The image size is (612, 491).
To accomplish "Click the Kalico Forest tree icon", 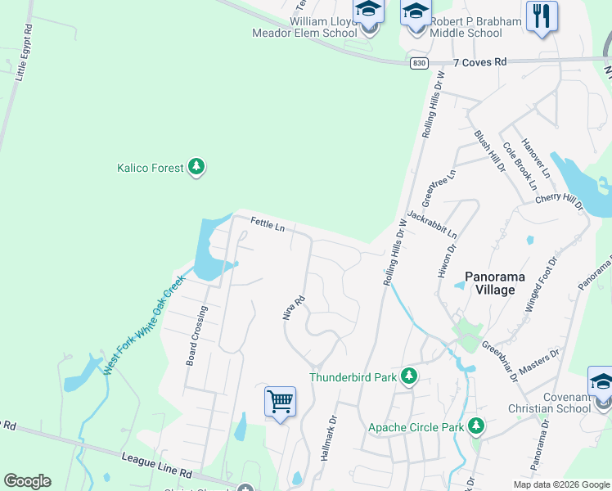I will coord(196,168).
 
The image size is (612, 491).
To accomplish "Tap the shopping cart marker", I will coord(280,402).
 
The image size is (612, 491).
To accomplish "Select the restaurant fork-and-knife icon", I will coord(542,16).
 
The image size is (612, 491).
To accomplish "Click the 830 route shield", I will coord(419,63).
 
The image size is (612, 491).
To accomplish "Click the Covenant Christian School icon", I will coord(601,383).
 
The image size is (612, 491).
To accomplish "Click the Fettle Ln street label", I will coord(268,223).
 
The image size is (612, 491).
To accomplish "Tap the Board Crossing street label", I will coord(197,336).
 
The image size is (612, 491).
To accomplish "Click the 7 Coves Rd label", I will coord(479,62).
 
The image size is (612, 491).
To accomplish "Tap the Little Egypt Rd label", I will coord(23,51).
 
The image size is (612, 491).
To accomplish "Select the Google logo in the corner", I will coord(27,481).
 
